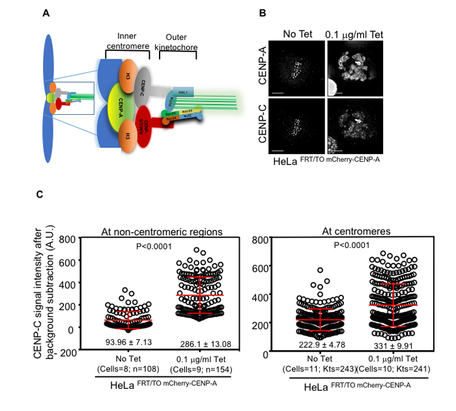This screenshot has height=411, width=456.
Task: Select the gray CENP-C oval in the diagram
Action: pos(160,84)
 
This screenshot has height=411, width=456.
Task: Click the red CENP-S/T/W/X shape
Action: pos(164,125)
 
